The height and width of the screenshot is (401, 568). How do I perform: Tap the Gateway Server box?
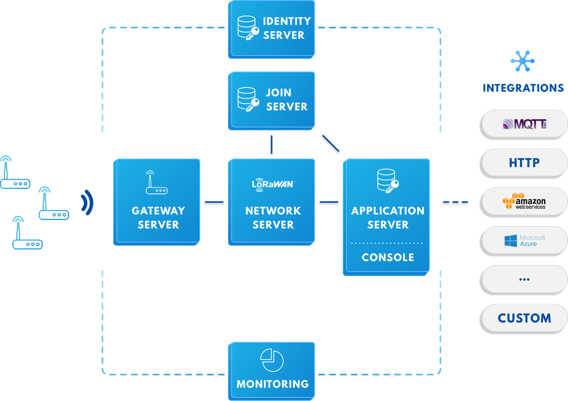pyautogui.click(x=157, y=202)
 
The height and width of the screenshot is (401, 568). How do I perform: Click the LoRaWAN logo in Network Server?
pyautogui.click(x=273, y=183)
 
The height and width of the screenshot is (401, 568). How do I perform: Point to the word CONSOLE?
pyautogui.click(x=388, y=258)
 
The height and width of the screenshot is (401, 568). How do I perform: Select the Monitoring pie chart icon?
pyautogui.click(x=272, y=360)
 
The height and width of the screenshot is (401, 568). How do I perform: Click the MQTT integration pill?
pyautogui.click(x=523, y=124)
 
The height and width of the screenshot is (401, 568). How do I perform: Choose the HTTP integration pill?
pyautogui.click(x=523, y=163)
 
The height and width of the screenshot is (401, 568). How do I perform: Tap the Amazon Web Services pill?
pyautogui.click(x=523, y=202)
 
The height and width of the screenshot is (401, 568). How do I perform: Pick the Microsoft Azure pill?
pyautogui.click(x=523, y=241)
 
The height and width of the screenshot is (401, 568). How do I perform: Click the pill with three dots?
pyautogui.click(x=523, y=280)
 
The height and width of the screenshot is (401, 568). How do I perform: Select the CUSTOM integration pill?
pyautogui.click(x=523, y=319)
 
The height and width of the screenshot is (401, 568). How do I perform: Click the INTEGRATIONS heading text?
pyautogui.click(x=523, y=88)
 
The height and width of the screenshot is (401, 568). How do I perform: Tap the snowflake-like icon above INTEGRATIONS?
pyautogui.click(x=523, y=61)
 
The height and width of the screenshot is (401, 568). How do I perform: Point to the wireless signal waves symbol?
pyautogui.click(x=87, y=202)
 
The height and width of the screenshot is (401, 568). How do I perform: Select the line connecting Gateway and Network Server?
pyautogui.click(x=214, y=202)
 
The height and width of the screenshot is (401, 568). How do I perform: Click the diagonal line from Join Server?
pyautogui.click(x=330, y=143)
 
